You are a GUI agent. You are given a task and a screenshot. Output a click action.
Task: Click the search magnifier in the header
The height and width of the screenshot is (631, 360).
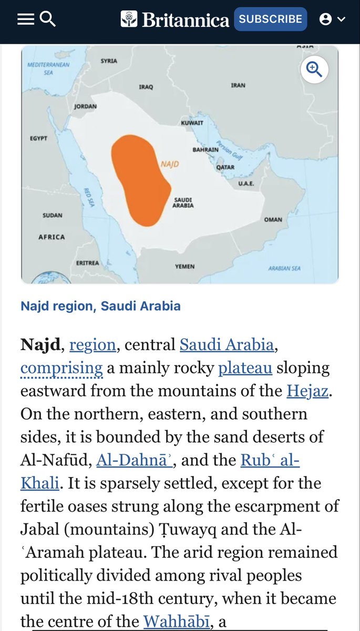(48, 19)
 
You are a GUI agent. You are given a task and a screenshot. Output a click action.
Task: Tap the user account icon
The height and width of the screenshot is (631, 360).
(326, 19)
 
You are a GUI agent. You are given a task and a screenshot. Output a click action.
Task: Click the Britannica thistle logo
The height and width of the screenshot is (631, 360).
(129, 19)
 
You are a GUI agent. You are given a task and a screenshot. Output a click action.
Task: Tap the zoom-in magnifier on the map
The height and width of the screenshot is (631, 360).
(314, 69)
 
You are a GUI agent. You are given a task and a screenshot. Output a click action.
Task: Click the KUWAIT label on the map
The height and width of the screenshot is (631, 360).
(192, 123)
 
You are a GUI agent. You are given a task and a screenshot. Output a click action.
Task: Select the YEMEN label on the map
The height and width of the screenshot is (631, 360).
(184, 267)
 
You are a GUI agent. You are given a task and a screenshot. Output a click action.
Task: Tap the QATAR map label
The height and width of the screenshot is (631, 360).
(225, 167)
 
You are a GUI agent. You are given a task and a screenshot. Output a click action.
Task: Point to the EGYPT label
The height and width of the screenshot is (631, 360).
(38, 138)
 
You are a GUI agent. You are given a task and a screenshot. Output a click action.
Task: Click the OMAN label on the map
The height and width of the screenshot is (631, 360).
(273, 220)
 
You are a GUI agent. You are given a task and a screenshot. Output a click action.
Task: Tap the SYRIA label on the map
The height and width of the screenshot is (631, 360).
(109, 61)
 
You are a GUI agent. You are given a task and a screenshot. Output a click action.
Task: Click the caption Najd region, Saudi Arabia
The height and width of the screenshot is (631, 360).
(100, 306)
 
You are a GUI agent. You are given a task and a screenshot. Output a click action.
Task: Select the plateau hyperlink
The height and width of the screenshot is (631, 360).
(245, 368)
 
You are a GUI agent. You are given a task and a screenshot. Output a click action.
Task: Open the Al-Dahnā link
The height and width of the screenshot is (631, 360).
(133, 460)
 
